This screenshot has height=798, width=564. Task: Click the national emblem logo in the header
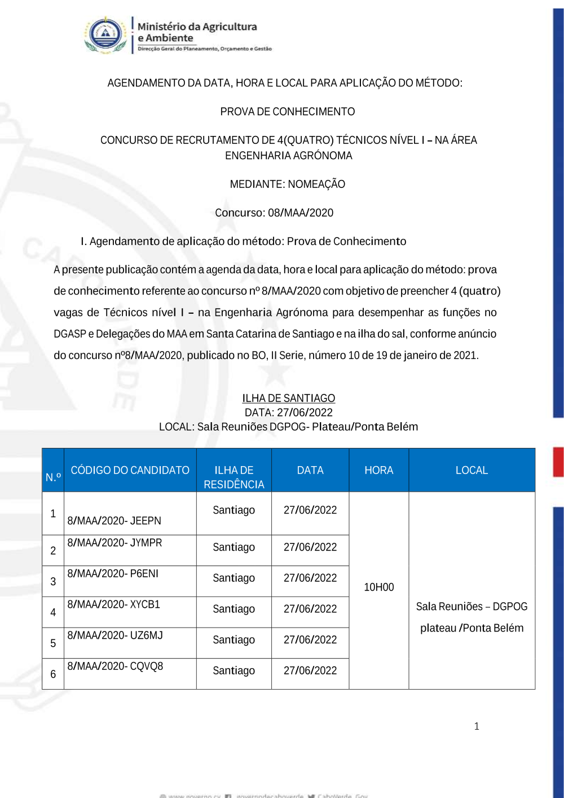[105, 35]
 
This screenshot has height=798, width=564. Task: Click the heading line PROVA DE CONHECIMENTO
[288, 112]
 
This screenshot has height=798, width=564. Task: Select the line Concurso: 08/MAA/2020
[274, 213]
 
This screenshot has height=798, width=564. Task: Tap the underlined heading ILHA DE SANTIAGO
[289, 398]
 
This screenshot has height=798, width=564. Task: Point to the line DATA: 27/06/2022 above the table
[289, 413]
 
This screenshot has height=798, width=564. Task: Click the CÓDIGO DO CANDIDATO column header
[130, 470]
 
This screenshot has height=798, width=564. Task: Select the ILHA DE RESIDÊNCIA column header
[234, 477]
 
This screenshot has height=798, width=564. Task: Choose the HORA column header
[379, 470]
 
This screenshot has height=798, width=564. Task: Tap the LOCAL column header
[472, 470]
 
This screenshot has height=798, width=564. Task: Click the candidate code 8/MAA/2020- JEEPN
[114, 520]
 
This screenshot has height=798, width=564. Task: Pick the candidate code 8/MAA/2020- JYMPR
[114, 543]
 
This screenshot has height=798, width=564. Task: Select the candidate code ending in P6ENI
[113, 573]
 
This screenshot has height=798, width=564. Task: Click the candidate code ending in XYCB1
[114, 604]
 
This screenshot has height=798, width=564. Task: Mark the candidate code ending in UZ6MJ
[115, 635]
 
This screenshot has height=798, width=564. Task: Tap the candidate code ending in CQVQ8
[115, 667]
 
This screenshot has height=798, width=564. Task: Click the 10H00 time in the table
[379, 587]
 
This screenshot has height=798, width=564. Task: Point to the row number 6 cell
[53, 674]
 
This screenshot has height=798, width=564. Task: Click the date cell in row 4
[310, 609]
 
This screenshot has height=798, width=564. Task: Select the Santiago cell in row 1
[234, 510]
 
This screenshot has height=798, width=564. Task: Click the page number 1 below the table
[477, 726]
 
